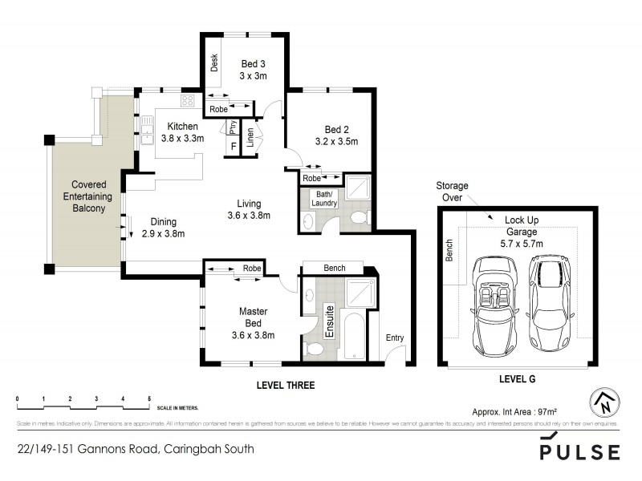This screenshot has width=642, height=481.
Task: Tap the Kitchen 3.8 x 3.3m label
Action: [182, 131]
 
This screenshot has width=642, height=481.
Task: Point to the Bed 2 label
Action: [335, 135]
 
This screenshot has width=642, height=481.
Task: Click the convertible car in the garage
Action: [490, 307]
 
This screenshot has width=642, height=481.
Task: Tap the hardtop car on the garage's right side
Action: [550, 307]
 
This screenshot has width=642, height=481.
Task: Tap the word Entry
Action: [395, 338]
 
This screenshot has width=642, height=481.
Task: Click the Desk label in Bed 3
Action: [214, 63]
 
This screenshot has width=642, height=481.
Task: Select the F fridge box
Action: [234, 147]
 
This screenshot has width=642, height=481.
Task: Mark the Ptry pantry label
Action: [232, 126]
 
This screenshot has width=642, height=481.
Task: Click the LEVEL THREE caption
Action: [285, 386]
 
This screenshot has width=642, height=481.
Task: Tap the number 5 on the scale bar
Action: [149, 398]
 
